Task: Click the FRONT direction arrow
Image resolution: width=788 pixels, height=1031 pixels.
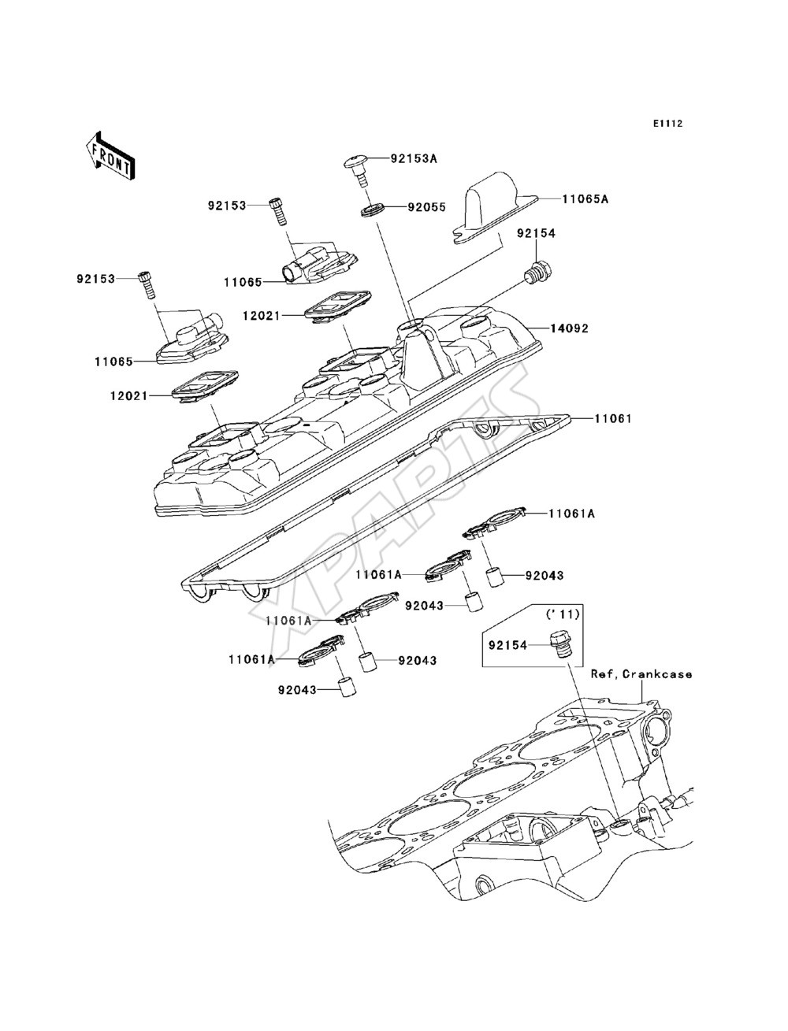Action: (110, 155)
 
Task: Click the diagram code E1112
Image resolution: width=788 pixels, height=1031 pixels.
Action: (667, 124)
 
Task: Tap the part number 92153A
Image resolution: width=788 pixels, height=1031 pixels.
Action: (414, 159)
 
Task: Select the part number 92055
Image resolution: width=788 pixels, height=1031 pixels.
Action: (426, 207)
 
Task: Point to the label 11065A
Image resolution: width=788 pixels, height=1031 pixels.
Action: (585, 199)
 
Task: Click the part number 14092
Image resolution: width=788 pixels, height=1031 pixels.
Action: (569, 328)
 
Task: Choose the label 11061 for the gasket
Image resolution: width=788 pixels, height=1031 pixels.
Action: (613, 418)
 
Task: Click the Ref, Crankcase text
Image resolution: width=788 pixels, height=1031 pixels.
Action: (641, 674)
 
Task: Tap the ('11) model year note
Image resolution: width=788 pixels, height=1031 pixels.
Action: (563, 614)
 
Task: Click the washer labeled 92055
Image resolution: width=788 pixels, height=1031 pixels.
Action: (373, 210)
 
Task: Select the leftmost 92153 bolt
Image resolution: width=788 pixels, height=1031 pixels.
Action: (146, 284)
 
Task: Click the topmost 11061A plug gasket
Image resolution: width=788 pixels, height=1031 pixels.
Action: (494, 522)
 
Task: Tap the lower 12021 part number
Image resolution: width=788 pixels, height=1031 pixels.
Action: (128, 395)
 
